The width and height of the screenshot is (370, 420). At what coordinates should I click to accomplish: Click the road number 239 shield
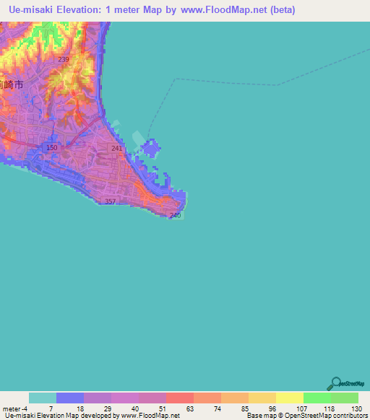[64, 59]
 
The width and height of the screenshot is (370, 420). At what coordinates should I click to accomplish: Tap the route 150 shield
[51, 148]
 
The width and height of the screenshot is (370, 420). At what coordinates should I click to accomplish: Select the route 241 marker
[116, 148]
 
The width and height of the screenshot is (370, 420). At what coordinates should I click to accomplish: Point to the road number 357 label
[110, 201]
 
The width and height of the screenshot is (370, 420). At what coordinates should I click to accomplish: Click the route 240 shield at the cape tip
[174, 215]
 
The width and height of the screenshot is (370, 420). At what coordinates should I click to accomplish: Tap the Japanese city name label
[12, 84]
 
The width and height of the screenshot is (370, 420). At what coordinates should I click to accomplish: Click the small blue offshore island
[150, 150]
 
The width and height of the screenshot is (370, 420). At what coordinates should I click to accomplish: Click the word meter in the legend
[12, 408]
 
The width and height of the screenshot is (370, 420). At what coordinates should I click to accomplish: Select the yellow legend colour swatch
[290, 398]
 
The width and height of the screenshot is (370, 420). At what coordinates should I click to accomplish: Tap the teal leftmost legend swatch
[43, 398]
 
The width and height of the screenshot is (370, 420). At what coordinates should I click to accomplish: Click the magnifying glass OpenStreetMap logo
[335, 383]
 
